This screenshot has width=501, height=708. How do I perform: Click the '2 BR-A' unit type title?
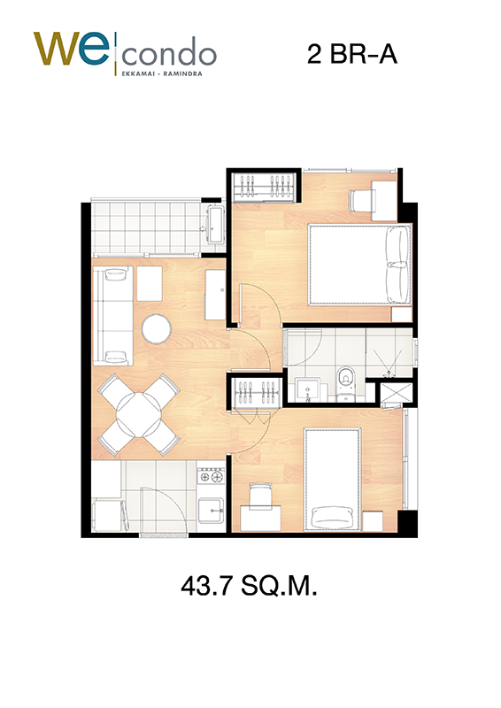pos(352,54)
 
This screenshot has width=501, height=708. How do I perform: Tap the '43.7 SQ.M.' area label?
pos(249,586)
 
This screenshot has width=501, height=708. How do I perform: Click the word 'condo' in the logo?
pos(169,54)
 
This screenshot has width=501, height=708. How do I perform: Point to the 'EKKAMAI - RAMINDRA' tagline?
pos(162,73)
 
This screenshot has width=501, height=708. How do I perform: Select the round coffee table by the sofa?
pos(157,328)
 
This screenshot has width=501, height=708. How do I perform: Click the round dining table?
pos(139,414)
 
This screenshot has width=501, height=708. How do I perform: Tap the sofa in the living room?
pos(113,315)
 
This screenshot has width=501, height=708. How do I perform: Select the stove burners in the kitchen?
pos(211,476)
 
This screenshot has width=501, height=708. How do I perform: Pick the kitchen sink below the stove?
pos(211,510)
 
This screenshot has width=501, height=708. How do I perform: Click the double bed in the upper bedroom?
pos(360,265)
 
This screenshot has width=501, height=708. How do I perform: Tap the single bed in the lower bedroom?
pos(333,479)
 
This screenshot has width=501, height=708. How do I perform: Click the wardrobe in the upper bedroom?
pos(265,187)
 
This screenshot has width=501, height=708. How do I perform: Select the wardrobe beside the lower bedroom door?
pos(257,392)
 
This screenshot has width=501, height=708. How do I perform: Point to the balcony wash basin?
pos(215,224)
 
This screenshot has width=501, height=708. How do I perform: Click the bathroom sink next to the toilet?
pos(308,391)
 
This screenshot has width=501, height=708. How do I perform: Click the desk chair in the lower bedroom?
pos(260,496)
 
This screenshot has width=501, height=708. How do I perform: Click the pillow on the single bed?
pos(333,516)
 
